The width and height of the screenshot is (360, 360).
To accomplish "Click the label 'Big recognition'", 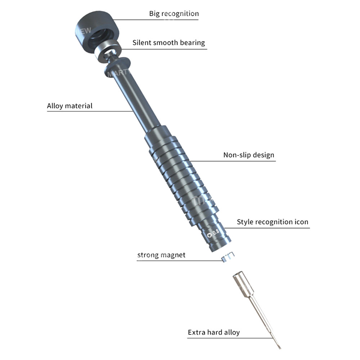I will click(x=174, y=14).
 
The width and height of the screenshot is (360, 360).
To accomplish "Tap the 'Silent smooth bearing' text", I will click(x=168, y=42).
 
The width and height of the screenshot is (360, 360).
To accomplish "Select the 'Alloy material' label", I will click(x=69, y=106).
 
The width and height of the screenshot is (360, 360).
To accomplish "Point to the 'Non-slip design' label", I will click(x=249, y=155).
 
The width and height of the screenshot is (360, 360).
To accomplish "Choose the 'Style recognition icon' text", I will click(x=273, y=222).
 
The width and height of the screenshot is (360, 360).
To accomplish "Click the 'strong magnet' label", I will click(x=161, y=255).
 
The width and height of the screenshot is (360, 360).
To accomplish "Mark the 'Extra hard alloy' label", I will click(x=213, y=332).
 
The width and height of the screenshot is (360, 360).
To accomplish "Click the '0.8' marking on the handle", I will click(x=216, y=232).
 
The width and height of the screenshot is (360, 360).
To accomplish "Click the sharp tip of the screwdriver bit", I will click(x=279, y=347).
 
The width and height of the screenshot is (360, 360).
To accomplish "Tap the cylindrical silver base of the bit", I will click(x=240, y=283).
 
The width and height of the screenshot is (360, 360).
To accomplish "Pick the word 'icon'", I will click(x=300, y=222).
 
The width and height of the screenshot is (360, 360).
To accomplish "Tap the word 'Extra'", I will click(x=197, y=332).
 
